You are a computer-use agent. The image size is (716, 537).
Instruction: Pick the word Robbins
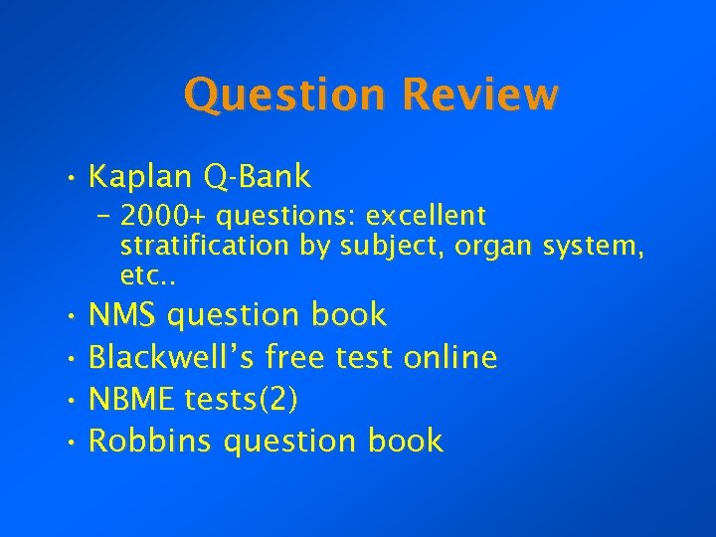150,441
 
